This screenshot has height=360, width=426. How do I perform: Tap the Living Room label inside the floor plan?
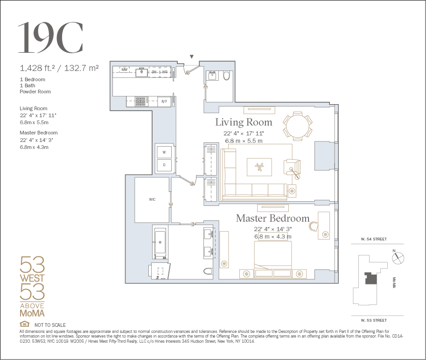pyautogui.click(x=244, y=122)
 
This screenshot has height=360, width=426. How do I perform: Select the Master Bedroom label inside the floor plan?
pyautogui.click(x=272, y=218)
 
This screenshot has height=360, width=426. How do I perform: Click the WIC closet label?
pyautogui.click(x=152, y=199)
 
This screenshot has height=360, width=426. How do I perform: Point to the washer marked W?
pyautogui.click(x=164, y=152)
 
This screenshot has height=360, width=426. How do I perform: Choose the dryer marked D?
pyautogui.click(x=164, y=165)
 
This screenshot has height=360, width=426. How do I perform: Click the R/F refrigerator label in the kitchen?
pyautogui.click(x=164, y=101)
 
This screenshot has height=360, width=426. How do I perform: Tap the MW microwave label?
pyautogui.click(x=125, y=70)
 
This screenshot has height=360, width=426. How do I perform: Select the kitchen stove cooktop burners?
pyautogui.click(x=141, y=101)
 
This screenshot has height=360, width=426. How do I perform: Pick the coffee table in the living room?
pyautogui.click(x=259, y=167)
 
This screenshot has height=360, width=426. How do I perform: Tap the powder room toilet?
pyautogui.click(x=226, y=75)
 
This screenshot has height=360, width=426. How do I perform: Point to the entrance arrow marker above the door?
pyautogui.click(x=192, y=56)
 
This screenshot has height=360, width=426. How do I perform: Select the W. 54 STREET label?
pyautogui.click(x=374, y=239)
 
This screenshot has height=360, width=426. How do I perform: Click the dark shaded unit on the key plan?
pyautogui.click(x=371, y=278)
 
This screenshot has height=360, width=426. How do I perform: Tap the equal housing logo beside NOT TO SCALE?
pyautogui.click(x=24, y=324)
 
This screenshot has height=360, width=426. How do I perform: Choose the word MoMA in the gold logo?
pyautogui.click(x=32, y=313)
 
